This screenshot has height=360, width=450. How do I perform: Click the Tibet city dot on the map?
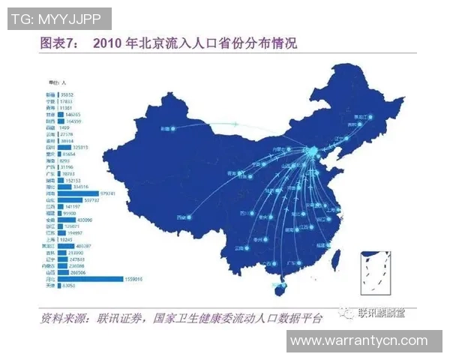[190, 217]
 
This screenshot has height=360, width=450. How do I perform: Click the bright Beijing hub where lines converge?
[311, 151]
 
